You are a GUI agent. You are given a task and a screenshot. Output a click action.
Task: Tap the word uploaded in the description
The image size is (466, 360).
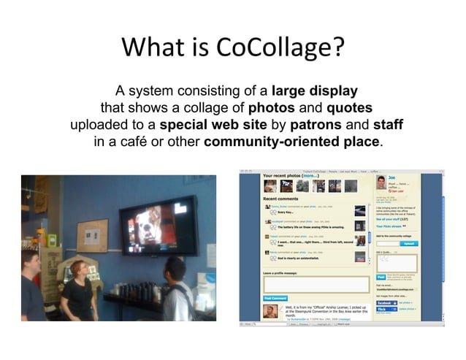[x=100, y=124]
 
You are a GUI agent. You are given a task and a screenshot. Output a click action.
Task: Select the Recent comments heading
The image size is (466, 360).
[x=281, y=198]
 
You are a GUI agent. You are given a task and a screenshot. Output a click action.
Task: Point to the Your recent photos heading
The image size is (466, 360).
[x=291, y=176]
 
